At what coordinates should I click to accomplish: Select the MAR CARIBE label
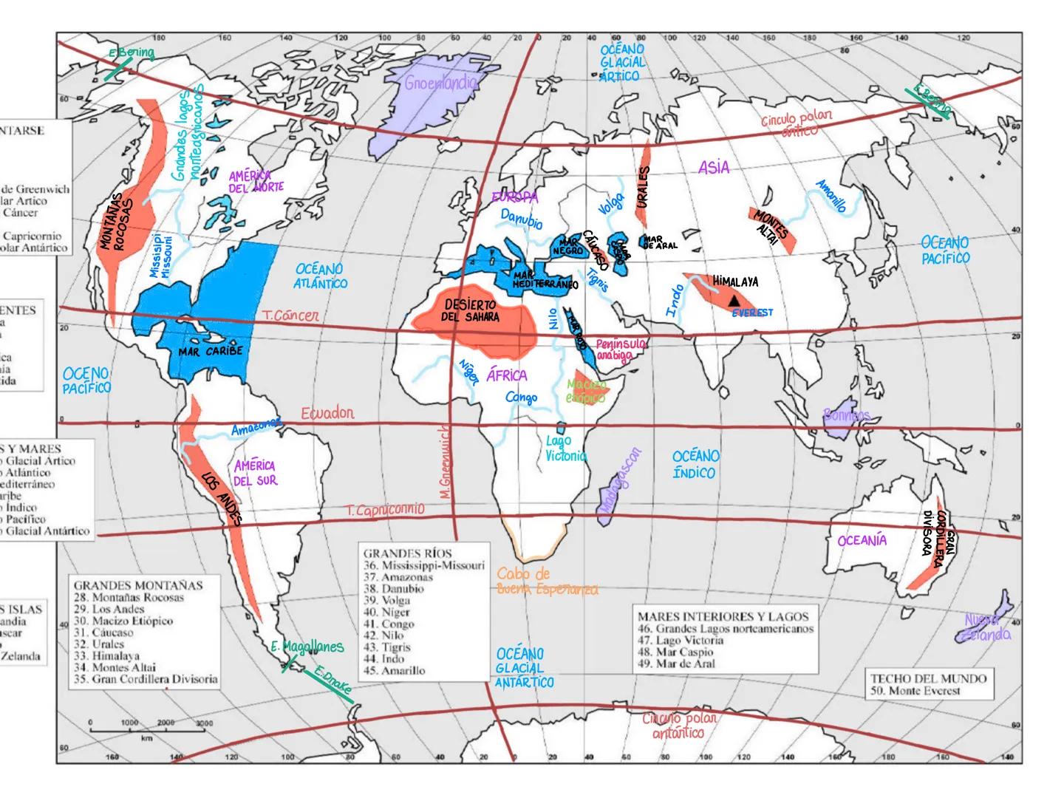tap(210, 351)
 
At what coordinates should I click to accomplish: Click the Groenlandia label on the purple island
tap(440, 83)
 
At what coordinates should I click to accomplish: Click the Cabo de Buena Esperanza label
tap(547, 582)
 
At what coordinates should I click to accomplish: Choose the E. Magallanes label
tap(307, 647)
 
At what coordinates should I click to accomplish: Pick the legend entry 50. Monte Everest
tap(915, 691)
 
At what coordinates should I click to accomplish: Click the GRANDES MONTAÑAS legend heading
tap(137, 585)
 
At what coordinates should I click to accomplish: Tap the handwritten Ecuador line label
tap(327, 413)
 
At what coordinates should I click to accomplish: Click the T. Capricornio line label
tap(385, 510)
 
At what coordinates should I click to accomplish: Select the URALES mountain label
tap(643, 187)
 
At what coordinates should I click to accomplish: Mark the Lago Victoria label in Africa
tap(565, 449)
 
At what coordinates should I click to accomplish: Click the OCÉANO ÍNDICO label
tap(695, 464)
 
